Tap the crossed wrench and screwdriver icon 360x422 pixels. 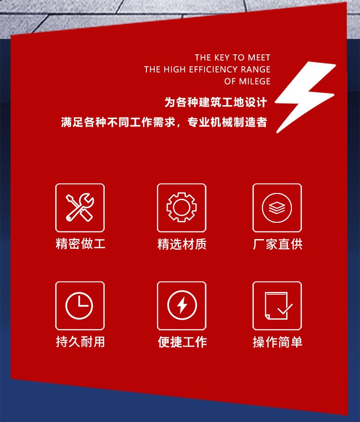click(80, 207)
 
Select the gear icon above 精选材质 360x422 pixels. click(181, 207)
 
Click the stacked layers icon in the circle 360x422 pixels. click(277, 208)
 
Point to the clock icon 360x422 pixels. click(79, 306)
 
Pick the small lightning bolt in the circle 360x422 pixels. click(182, 305)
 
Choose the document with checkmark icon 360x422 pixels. click(278, 306)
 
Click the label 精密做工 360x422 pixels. click(80, 244)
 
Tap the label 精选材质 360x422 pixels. click(182, 244)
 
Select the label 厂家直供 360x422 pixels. click(277, 244)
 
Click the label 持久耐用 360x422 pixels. click(80, 342)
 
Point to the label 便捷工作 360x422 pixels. click(182, 342)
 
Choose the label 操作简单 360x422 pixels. click(277, 342)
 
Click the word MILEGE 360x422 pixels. click(254, 81)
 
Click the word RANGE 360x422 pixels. click(256, 70)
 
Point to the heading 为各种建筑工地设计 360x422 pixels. click(216, 102)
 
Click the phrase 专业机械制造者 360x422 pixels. click(227, 122)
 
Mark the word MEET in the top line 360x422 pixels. click(259, 58)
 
